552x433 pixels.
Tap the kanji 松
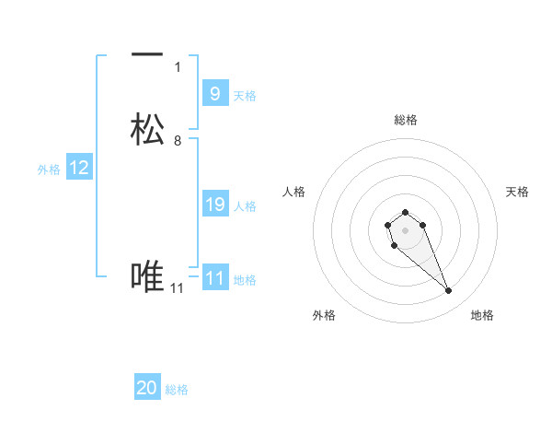pyautogui.click(x=147, y=129)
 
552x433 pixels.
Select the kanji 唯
pyautogui.click(x=147, y=276)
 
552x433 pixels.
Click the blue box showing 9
pyautogui.click(x=214, y=93)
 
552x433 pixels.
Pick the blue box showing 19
pyautogui.click(x=214, y=205)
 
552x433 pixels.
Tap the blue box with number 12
pyautogui.click(x=79, y=168)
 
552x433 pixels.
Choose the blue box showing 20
pyautogui.click(x=147, y=388)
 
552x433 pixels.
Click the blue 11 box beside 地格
pyautogui.click(x=214, y=277)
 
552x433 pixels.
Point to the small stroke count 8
pyautogui.click(x=178, y=141)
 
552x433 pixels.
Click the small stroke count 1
pyautogui.click(x=178, y=66)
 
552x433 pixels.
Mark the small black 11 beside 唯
pyautogui.click(x=178, y=288)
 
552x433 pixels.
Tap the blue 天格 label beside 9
pyautogui.click(x=245, y=95)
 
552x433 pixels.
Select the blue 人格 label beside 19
pyautogui.click(x=246, y=206)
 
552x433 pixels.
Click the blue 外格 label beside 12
pyautogui.click(x=49, y=170)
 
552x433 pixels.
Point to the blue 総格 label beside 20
pyautogui.click(x=177, y=390)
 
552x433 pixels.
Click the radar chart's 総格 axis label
pyautogui.click(x=405, y=120)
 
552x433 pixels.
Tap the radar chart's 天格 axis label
pyautogui.click(x=517, y=192)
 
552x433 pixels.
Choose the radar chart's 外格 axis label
pyautogui.click(x=324, y=315)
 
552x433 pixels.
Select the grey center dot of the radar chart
pyautogui.click(x=405, y=229)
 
